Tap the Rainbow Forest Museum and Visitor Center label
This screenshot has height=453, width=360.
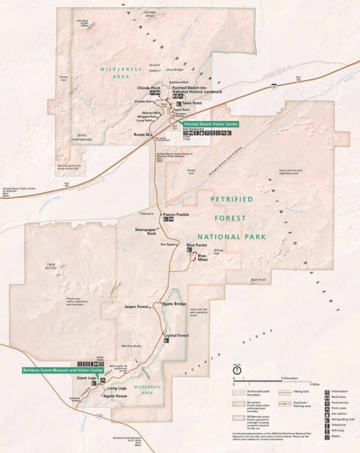(x=53, y=370)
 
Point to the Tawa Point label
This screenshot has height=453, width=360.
(x=191, y=103)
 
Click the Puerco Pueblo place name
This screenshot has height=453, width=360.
(x=175, y=214)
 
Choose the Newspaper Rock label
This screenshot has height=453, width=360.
(x=146, y=232)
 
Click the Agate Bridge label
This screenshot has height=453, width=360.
(x=174, y=304)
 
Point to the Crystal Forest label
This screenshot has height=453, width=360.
(x=176, y=335)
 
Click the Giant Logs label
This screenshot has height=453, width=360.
(x=87, y=377)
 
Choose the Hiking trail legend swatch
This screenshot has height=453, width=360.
(x=286, y=392)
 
